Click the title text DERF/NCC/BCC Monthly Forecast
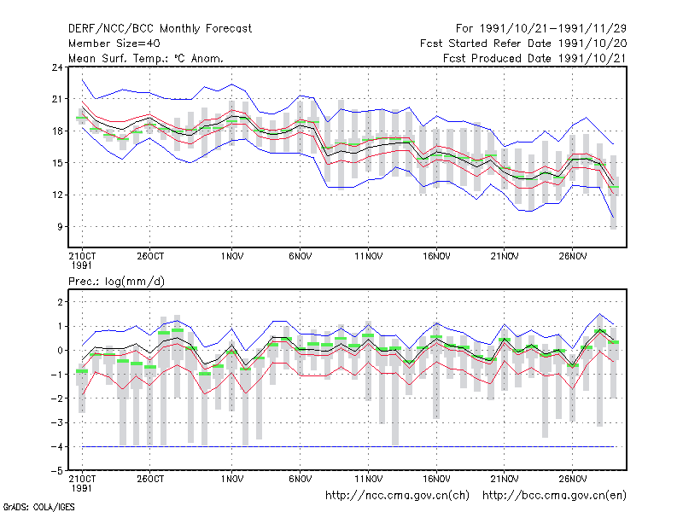coord(160,29)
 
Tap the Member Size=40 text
coord(114,44)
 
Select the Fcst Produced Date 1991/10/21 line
coord(534,58)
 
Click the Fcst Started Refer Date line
coord(523,44)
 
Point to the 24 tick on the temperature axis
coord(57,67)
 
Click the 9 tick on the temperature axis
coord(60,227)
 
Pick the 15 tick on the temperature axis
coord(57,163)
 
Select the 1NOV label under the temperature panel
coord(232,257)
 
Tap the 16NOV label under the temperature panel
coord(436,257)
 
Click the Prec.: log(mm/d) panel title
coord(116,282)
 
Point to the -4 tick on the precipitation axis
coord(56,446)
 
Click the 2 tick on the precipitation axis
coord(60,302)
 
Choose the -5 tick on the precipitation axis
coord(56,471)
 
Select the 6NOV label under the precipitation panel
coord(301,479)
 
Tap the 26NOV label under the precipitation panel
coord(572,479)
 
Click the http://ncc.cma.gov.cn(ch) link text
coord(397,496)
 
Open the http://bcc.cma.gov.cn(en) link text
coord(554,496)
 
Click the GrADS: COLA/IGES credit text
coord(38,507)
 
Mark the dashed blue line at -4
coord(348,446)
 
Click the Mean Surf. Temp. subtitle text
coord(146,58)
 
